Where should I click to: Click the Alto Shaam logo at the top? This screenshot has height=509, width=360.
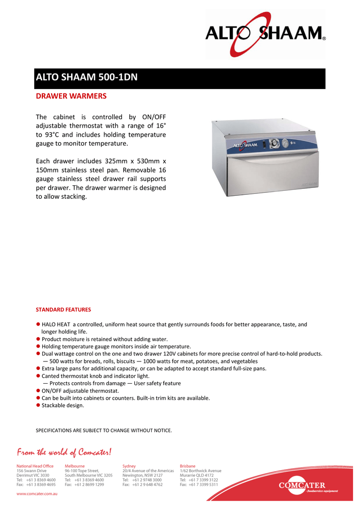(266, 34)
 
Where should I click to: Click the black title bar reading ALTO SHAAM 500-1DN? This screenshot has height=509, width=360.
(180, 78)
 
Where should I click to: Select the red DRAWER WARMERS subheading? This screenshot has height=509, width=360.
(71, 95)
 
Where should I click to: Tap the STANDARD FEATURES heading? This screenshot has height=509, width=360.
(63, 310)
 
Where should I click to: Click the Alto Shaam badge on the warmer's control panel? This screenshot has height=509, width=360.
(245, 145)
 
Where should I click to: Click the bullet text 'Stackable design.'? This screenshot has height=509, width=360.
(63, 406)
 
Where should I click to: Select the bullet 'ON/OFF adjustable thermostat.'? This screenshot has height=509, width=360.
(80, 391)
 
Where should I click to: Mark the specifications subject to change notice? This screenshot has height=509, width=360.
(104, 430)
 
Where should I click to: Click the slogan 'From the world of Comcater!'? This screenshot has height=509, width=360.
(65, 452)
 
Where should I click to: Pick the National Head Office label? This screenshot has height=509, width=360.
(35, 466)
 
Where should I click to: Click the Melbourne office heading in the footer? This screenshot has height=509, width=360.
(75, 466)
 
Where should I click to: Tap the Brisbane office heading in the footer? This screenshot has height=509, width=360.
(187, 466)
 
